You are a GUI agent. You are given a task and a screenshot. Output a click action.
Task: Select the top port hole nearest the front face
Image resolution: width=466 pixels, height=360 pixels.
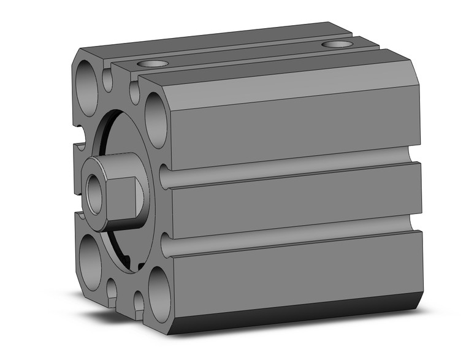[152, 64]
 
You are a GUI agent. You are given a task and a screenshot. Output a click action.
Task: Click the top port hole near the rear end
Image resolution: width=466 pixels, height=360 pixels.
[337, 44]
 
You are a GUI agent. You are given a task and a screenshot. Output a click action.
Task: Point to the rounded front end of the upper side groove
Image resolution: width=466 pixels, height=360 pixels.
[165, 177]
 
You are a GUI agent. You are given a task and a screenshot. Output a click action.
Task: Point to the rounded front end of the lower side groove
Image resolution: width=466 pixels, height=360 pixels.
[165, 244]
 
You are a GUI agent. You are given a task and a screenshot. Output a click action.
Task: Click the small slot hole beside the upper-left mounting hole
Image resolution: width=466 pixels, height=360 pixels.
[108, 79]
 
